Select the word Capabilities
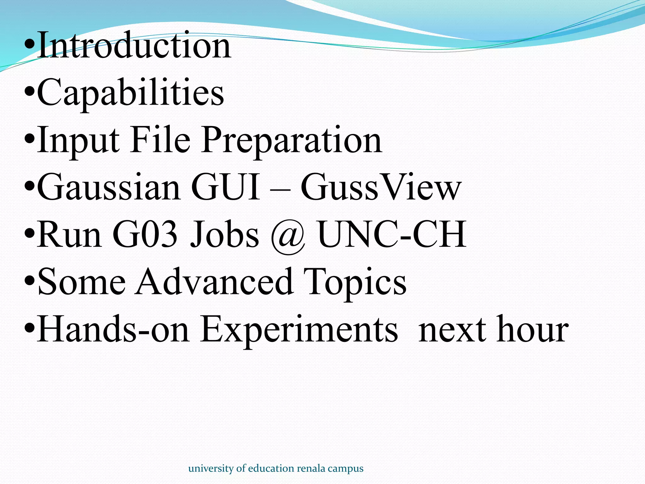coord(130,93)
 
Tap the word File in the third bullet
coord(160,140)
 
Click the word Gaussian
coord(109,187)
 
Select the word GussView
coord(381,187)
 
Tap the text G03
coord(145,234)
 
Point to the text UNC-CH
coord(392,234)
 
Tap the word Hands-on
coord(113,329)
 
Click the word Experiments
coord(299,330)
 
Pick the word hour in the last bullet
coord(533,329)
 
